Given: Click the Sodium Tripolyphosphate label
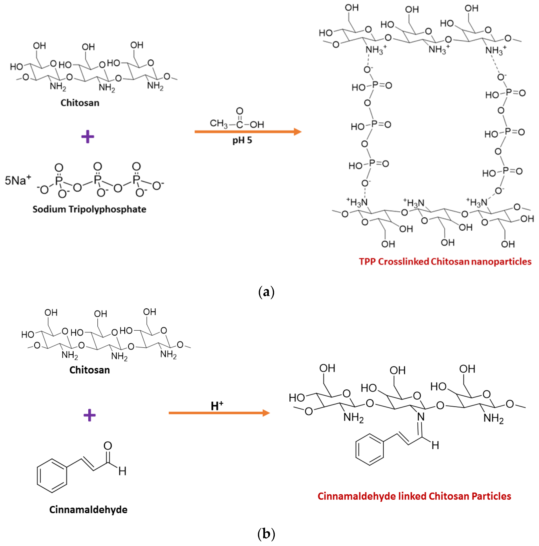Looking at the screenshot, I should [89, 209].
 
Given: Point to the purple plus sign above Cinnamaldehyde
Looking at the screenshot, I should [89, 415].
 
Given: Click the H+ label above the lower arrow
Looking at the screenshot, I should [217, 406].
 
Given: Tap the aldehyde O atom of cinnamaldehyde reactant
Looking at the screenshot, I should [108, 446].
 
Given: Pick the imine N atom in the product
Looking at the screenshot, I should [420, 417].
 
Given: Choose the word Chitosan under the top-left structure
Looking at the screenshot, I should [80, 103].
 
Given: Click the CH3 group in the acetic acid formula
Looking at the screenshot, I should [218, 123].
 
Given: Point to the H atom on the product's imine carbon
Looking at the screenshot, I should [435, 445].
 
